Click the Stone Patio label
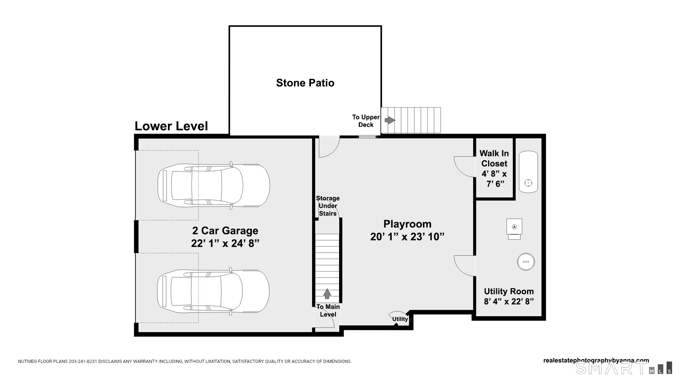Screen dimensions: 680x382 coord(305,83)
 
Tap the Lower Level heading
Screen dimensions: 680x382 coord(171,126)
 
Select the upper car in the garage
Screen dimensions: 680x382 coord(214,185)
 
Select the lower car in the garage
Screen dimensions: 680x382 coord(213,291)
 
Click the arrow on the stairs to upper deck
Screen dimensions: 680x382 coord(390,120)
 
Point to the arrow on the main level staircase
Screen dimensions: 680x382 coord(327,294)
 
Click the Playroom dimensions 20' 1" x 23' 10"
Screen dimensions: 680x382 coord(407,237)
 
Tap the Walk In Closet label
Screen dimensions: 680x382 coord(494,158)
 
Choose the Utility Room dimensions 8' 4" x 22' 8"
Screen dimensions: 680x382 coord(509,302)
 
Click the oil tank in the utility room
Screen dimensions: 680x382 coord(528,172)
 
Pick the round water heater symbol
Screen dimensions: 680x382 coord(526,262)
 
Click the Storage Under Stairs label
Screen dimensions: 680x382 coord(328,206)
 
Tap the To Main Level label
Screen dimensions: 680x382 coord(328,311)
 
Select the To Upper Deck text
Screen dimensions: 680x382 coord(366,121)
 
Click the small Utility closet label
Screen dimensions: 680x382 coord(400,319)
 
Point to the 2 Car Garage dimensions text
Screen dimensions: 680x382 coord(225,243)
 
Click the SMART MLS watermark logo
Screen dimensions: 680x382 coord(624,368)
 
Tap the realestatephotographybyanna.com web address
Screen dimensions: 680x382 coord(596,360)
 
